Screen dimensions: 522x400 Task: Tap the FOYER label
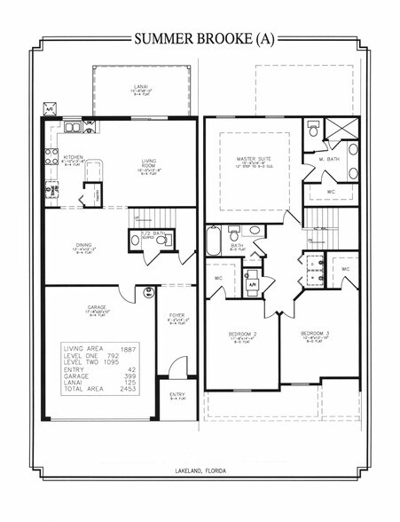click(176, 314)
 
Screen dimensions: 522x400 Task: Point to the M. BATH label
click(330, 158)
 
